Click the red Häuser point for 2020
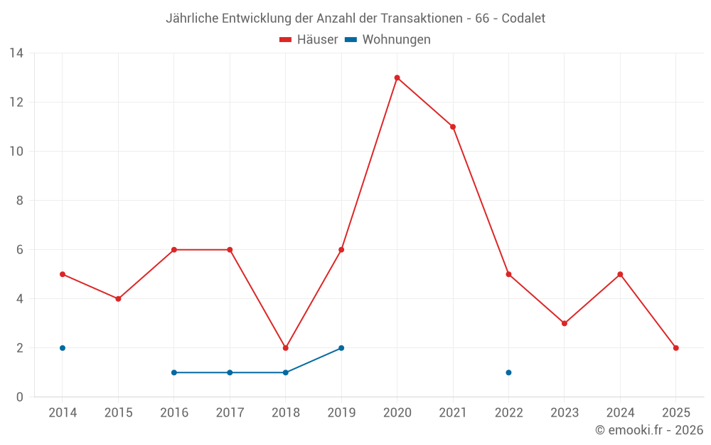click(x=397, y=78)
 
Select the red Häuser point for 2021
click(x=453, y=127)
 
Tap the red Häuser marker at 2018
click(x=285, y=348)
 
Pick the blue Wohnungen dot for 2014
click(x=63, y=348)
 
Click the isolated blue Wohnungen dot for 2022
click(x=508, y=372)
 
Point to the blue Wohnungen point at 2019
click(x=341, y=348)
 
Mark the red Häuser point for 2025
click(x=675, y=348)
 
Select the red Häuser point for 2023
click(x=565, y=323)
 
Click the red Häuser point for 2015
click(x=118, y=299)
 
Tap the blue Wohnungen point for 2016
click(x=174, y=372)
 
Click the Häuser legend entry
click(x=309, y=40)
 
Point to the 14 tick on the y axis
click(x=16, y=53)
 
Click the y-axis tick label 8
click(x=20, y=201)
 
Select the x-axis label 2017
click(x=230, y=413)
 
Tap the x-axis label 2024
click(x=620, y=413)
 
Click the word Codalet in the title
click(x=523, y=19)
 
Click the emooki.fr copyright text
click(x=649, y=430)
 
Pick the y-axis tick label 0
click(x=20, y=397)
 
